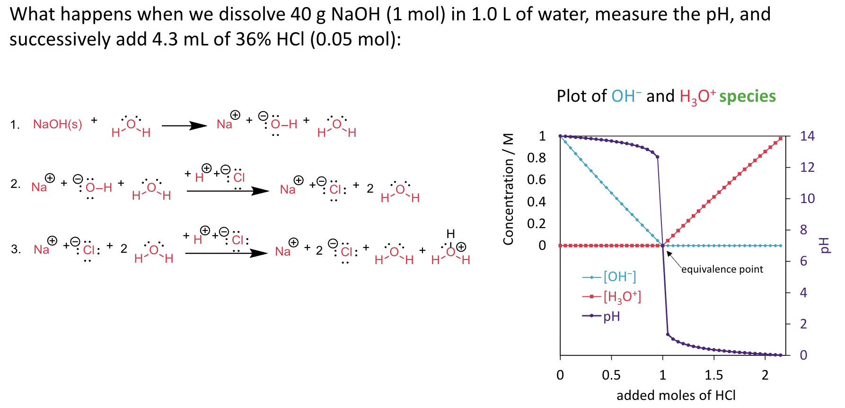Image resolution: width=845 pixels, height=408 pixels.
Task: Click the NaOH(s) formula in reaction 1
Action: [x=57, y=124]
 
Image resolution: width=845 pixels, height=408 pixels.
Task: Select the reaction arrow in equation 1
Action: [x=184, y=125]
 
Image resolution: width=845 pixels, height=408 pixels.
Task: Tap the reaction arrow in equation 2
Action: [x=228, y=191]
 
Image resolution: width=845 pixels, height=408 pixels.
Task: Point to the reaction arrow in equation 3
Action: [x=226, y=253]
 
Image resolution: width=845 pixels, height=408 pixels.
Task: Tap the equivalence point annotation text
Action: [x=722, y=269]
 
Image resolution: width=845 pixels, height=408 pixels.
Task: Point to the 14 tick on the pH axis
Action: [x=807, y=136]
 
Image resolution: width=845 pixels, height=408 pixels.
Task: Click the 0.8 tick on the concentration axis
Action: [x=537, y=158]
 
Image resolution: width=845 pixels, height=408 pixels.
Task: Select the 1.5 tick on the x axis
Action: [x=713, y=375]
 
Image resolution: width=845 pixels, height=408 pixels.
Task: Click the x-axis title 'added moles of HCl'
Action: [x=676, y=395]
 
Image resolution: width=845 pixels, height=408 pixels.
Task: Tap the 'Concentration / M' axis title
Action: [x=509, y=189]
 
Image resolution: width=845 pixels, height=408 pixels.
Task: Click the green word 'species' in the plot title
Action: [x=748, y=96]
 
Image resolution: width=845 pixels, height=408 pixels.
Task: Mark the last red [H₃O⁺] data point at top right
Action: [x=780, y=139]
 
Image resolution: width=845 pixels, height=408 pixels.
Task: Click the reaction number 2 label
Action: [x=16, y=184]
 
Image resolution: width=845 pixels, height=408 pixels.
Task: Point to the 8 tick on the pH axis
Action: [x=803, y=230]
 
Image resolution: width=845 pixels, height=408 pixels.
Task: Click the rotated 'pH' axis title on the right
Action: [x=825, y=245]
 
